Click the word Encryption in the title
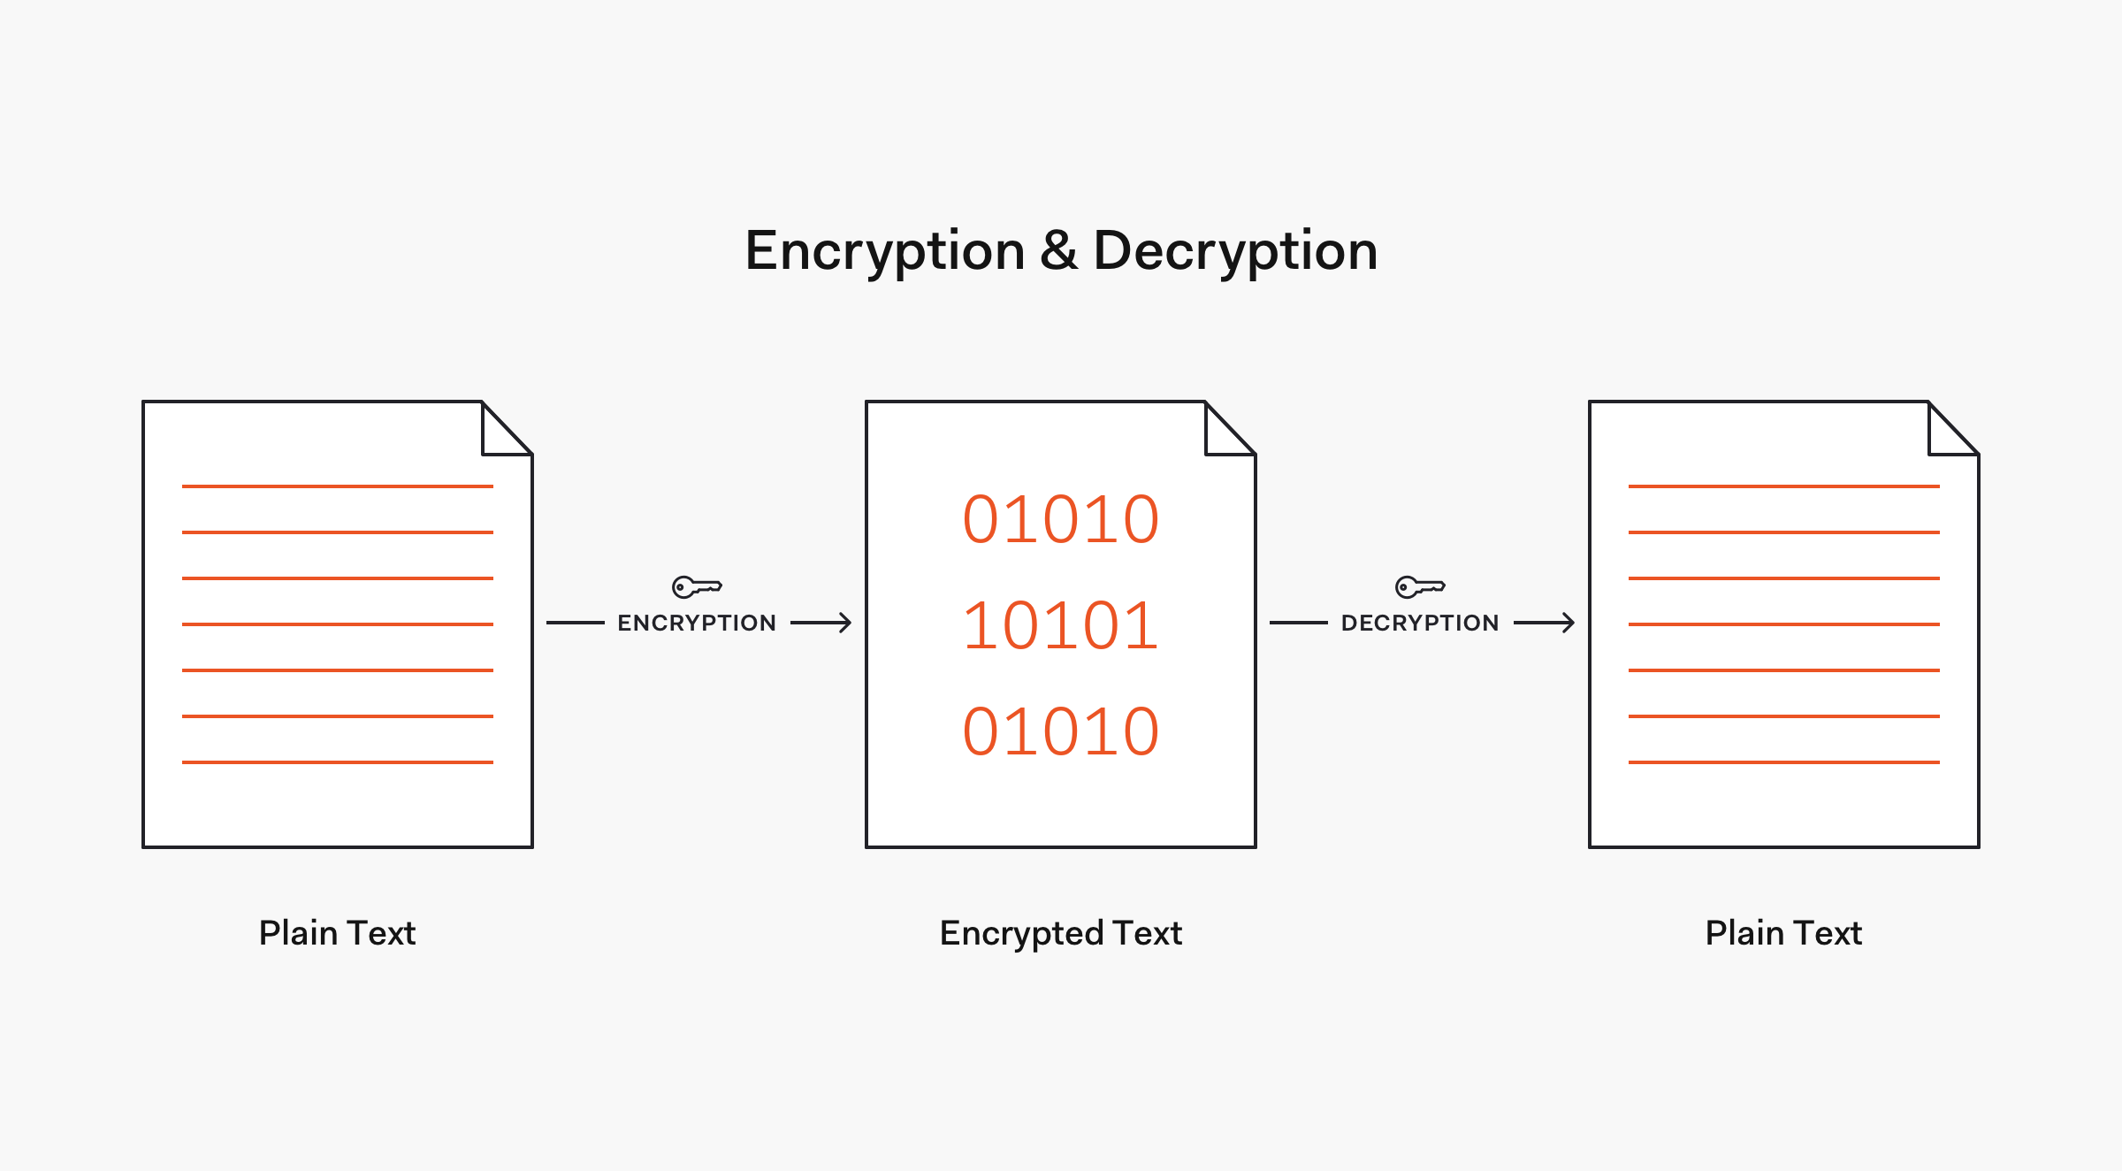click(885, 251)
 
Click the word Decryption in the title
click(1235, 251)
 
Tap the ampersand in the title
click(1058, 250)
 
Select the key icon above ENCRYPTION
click(697, 586)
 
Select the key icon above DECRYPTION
click(1420, 586)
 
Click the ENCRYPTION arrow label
click(697, 623)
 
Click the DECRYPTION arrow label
click(1420, 623)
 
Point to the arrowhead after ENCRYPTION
click(844, 623)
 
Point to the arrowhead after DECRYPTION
click(1568, 623)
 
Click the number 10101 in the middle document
click(1060, 625)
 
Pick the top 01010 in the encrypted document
click(1060, 519)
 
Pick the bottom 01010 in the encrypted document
click(1060, 731)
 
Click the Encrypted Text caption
click(1060, 933)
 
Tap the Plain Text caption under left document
click(337, 933)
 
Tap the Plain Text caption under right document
click(1783, 933)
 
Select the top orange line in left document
click(337, 486)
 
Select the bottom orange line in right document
click(1783, 762)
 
